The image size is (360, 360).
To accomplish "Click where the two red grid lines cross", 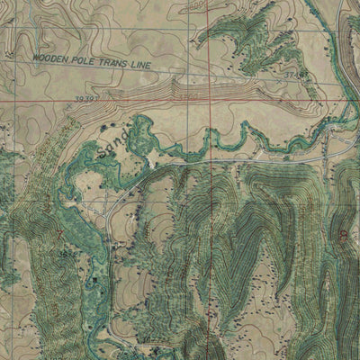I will (x=202, y=101).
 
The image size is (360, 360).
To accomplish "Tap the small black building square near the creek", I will (x=154, y=166).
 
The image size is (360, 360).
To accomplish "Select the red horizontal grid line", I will (x=135, y=101).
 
